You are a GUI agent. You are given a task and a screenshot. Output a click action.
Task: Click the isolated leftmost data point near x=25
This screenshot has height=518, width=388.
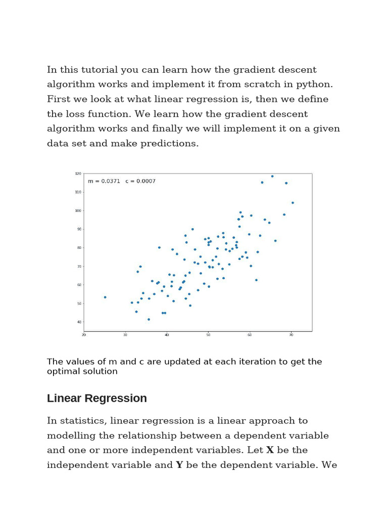pos(105,297)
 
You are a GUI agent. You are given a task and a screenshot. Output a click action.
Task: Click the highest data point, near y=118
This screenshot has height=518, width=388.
pos(272,176)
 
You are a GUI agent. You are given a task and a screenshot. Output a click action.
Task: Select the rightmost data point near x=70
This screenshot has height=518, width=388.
pos(293,203)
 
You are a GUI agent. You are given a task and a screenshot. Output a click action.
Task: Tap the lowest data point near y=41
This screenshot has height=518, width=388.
pos(149,319)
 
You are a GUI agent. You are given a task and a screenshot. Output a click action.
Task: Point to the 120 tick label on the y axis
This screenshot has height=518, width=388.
pos(78,174)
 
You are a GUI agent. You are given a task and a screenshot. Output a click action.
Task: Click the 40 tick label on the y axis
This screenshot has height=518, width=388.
pos(78,322)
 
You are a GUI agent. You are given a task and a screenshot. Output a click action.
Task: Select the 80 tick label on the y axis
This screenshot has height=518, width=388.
pos(78,248)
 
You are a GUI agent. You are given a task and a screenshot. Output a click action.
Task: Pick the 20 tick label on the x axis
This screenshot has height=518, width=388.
pos(84,335)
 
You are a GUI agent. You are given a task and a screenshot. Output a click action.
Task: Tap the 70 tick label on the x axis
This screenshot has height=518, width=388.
pos(292,335)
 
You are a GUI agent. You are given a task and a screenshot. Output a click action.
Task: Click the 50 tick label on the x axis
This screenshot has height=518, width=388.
pos(208,335)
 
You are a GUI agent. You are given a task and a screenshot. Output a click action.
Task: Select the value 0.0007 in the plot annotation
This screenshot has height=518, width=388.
pos(144,181)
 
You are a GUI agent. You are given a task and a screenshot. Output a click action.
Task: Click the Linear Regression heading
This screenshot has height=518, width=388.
pos(97,398)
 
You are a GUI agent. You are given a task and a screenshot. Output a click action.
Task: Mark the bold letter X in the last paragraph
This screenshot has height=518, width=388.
pos(270,450)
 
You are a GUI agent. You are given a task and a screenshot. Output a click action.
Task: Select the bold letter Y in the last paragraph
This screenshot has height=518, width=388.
pos(179,465)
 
